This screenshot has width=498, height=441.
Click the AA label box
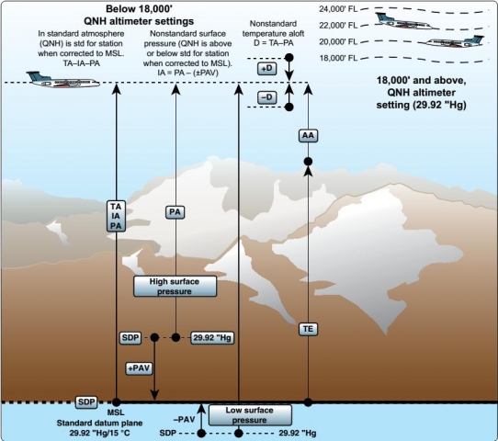[x=308, y=136]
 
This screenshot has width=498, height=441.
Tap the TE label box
[x=308, y=329]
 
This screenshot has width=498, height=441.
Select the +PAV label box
[x=139, y=368]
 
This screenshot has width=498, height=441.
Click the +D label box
[x=267, y=69]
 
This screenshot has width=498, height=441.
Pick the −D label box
[x=267, y=97]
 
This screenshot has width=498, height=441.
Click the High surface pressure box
[x=175, y=287]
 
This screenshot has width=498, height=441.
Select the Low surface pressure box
[x=250, y=415]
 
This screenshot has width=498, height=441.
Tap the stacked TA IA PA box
[x=116, y=216]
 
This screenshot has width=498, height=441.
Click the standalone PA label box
[x=175, y=212]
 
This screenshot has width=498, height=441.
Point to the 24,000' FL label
[x=338, y=9]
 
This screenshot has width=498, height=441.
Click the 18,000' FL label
[x=338, y=58]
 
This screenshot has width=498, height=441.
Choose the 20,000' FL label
[x=338, y=42]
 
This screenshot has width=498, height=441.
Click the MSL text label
[x=116, y=413]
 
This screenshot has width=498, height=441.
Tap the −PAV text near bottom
[x=184, y=420]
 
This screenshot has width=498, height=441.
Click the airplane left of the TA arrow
[x=62, y=80]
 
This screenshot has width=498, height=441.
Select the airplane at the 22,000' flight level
[x=405, y=21]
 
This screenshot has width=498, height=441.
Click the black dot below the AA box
[x=308, y=162]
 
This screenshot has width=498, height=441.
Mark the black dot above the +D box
[x=289, y=58]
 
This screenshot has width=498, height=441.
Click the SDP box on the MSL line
[x=86, y=402]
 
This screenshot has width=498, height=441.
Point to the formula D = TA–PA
[x=274, y=43]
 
